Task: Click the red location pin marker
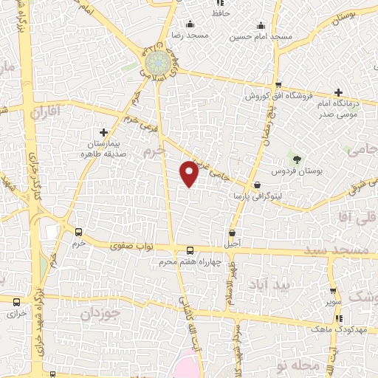[x=190, y=173]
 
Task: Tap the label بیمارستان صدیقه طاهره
[x=104, y=151]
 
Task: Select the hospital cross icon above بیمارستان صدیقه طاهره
[x=104, y=131]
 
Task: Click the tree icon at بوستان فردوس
[x=298, y=159]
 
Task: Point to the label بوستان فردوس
[x=298, y=171]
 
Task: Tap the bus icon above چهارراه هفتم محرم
[x=190, y=250]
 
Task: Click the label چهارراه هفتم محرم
[x=190, y=262]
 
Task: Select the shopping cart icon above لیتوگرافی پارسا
[x=256, y=185]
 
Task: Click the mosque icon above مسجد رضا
[x=190, y=24]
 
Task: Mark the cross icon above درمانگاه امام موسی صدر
[x=338, y=93]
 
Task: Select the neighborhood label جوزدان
[x=94, y=313]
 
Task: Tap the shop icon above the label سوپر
[x=333, y=291]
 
